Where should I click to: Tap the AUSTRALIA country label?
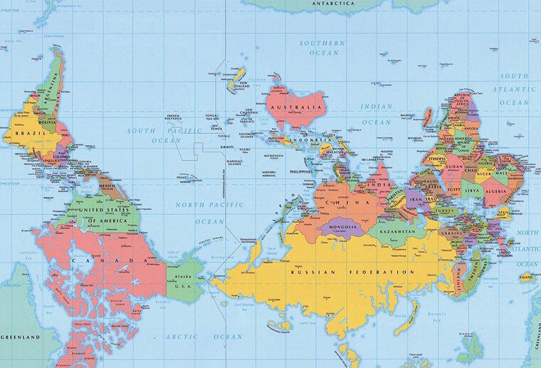[x=297, y=108]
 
